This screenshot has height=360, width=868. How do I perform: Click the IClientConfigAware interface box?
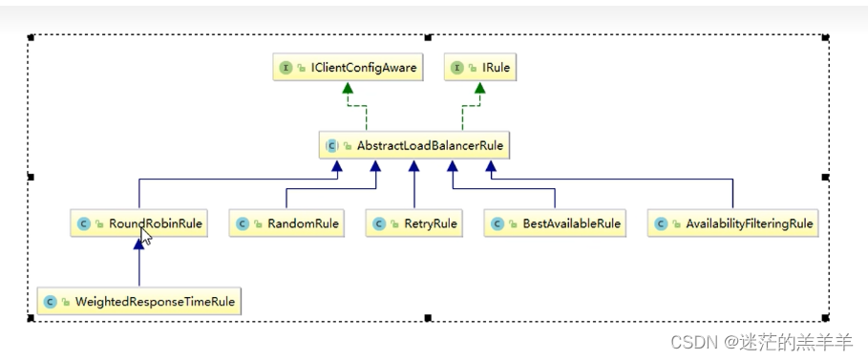pos(346,69)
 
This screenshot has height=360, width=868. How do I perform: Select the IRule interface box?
pos(480,69)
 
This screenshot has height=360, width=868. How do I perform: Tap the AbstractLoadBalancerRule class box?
pos(413,145)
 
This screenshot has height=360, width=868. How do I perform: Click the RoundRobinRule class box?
pos(139,224)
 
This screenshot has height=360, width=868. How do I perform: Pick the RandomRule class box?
pos(286,224)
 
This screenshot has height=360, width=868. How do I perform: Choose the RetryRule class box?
pos(413,224)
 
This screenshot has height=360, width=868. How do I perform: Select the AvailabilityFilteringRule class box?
pos(732,224)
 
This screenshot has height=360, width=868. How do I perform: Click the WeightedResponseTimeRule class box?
pos(139,302)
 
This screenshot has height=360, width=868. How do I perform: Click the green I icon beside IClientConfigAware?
pos(285,69)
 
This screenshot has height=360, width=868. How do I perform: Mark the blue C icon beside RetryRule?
pos(379,224)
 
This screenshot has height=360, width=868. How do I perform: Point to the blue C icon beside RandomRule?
pos(243,224)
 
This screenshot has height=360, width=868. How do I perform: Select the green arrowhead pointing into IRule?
pos(480,90)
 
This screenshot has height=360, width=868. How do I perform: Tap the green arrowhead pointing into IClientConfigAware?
pos(349,90)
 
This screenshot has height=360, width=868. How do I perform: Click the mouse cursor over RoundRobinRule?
pos(146,236)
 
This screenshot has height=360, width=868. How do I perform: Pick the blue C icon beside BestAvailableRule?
pos(497,224)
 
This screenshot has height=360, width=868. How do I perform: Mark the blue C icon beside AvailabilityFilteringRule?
pos(661,224)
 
